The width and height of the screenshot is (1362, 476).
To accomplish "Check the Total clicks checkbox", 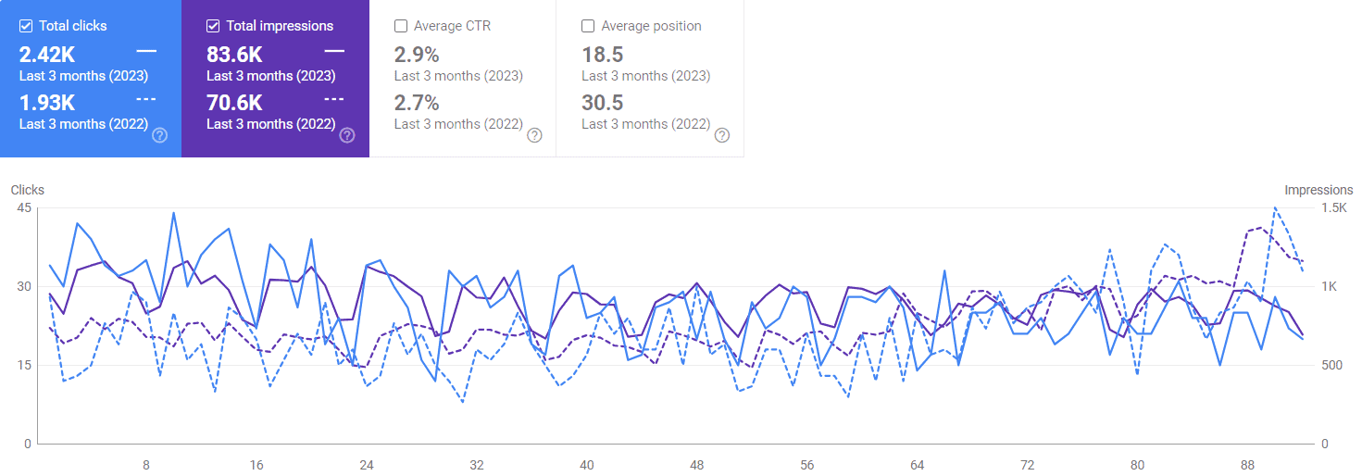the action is pyautogui.click(x=26, y=26).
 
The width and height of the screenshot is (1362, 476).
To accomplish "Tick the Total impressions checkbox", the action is pyautogui.click(x=213, y=26).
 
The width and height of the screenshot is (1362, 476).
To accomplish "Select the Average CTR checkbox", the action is pyautogui.click(x=401, y=26).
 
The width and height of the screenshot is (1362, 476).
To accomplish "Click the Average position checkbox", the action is pyautogui.click(x=588, y=26).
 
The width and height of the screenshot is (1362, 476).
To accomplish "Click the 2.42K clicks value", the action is pyautogui.click(x=47, y=55).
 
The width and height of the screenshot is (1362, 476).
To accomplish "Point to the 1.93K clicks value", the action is pyautogui.click(x=47, y=103).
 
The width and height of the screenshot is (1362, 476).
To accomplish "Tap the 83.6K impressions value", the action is pyautogui.click(x=234, y=55).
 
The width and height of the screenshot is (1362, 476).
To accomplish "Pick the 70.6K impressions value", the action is pyautogui.click(x=234, y=103).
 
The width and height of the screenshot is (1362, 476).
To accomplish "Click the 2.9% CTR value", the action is pyautogui.click(x=417, y=55).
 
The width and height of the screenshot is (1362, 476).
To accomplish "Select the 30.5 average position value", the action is pyautogui.click(x=603, y=103).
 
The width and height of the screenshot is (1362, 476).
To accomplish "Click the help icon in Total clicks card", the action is pyautogui.click(x=160, y=135).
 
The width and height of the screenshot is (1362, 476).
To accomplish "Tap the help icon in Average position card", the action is pyautogui.click(x=721, y=135).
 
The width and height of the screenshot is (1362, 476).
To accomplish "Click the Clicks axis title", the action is pyautogui.click(x=28, y=190).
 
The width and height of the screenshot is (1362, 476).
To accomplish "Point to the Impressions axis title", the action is pyautogui.click(x=1318, y=190).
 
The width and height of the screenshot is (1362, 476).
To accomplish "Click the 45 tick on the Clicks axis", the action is pyautogui.click(x=24, y=208).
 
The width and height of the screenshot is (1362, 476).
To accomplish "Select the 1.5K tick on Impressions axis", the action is pyautogui.click(x=1334, y=208).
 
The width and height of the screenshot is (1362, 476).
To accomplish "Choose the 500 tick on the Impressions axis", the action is pyautogui.click(x=1331, y=366).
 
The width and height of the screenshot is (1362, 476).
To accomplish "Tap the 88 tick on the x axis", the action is pyautogui.click(x=1247, y=465).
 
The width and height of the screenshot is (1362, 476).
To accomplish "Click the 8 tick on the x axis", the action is pyautogui.click(x=146, y=465).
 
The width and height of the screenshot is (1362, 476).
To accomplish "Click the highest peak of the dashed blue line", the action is pyautogui.click(x=1275, y=208).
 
